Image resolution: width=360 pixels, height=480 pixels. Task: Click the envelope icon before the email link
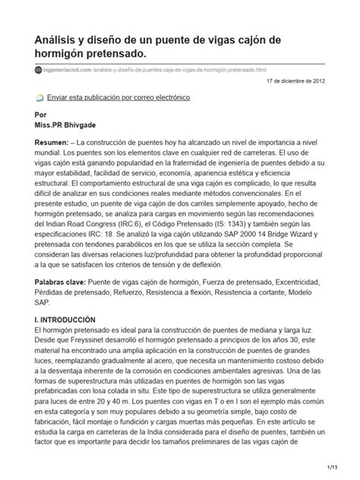(40, 99)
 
